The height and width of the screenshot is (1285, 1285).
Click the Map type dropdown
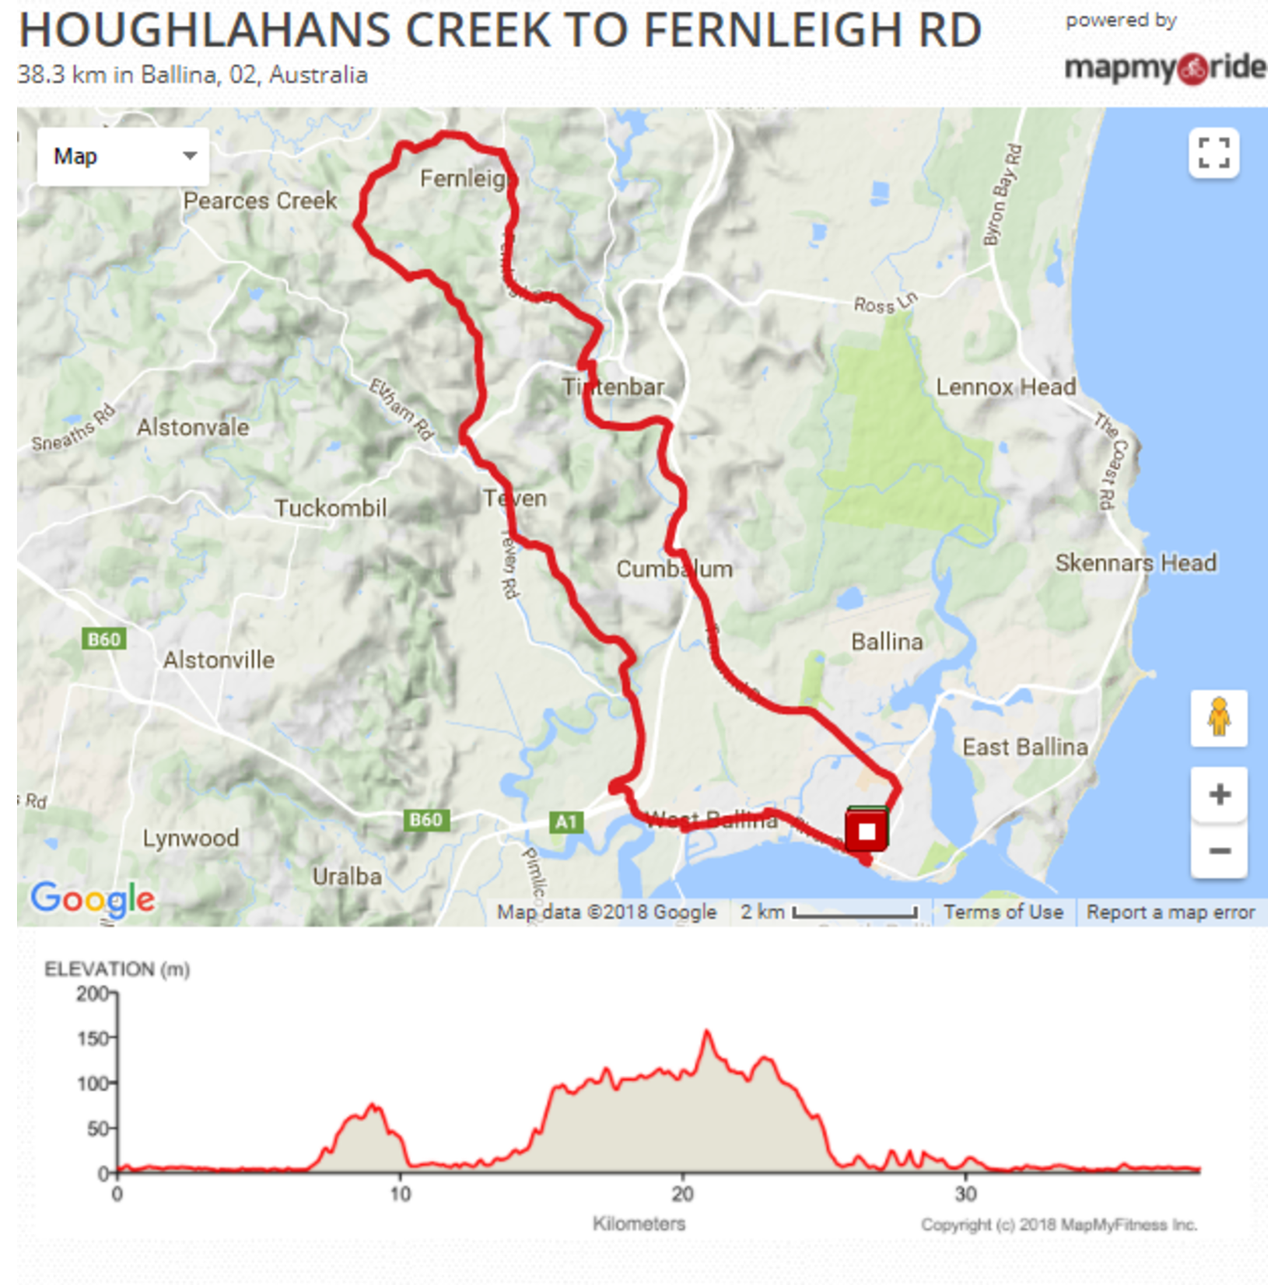[123, 156]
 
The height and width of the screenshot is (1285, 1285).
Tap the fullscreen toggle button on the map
[1213, 152]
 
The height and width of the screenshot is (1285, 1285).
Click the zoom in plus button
[1219, 794]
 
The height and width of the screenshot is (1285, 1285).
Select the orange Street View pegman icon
[1218, 717]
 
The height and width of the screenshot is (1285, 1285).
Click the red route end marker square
[867, 831]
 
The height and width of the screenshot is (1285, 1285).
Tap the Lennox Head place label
[1005, 387]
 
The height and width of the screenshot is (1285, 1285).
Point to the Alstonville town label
[219, 660]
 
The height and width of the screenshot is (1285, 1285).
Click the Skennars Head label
[1135, 562]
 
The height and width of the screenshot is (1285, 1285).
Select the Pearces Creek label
[260, 201]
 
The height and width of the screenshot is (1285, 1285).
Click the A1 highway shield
[565, 821]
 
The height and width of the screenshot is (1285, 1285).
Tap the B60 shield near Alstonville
[104, 639]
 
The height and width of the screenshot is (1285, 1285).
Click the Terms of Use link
[1003, 912]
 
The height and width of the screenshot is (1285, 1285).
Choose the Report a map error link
[1170, 912]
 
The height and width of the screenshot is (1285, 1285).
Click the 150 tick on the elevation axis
[96, 1038]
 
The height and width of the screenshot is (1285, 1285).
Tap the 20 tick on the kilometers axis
[682, 1193]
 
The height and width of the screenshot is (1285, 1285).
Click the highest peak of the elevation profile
[707, 1032]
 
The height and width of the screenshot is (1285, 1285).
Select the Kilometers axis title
[639, 1224]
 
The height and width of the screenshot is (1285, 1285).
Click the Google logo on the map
[93, 899]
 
